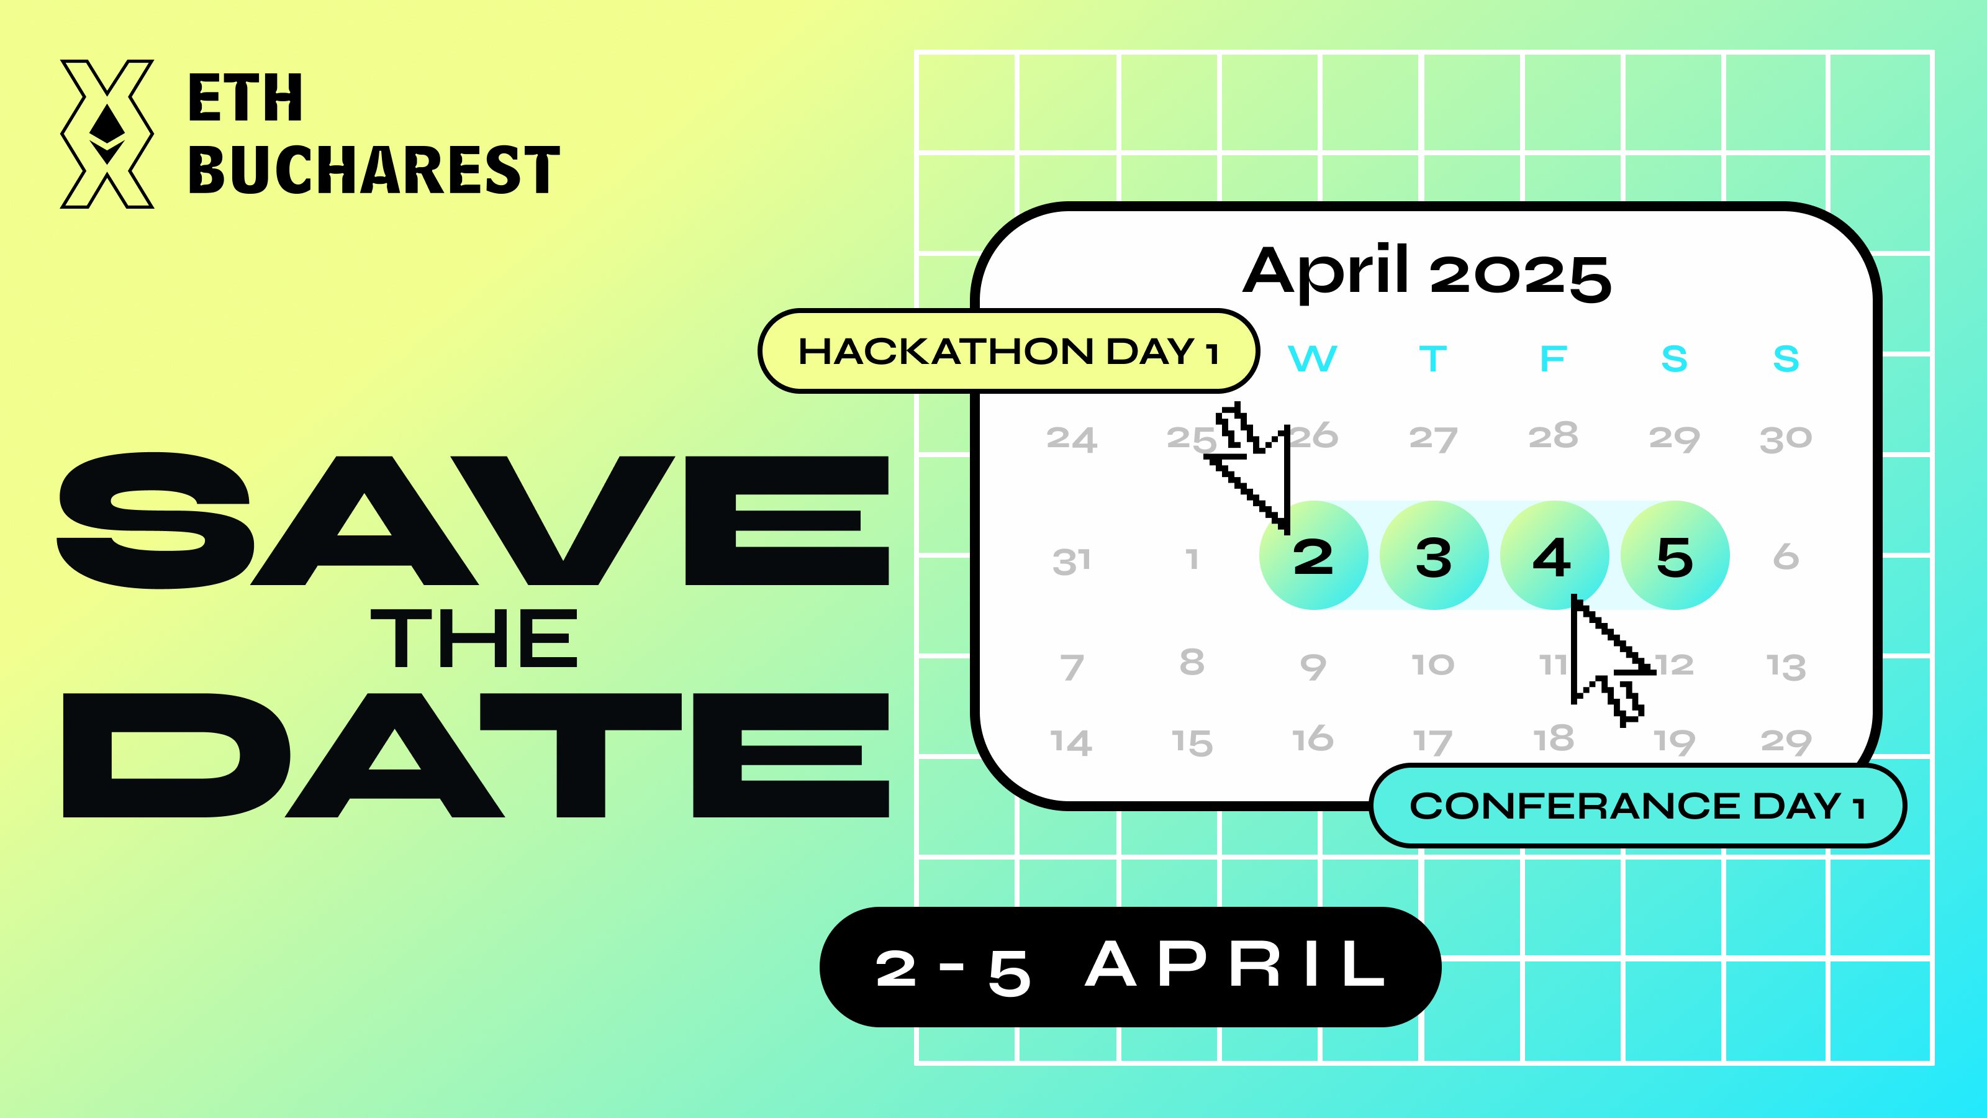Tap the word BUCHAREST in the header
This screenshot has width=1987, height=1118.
[373, 170]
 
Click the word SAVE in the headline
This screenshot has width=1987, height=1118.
[472, 521]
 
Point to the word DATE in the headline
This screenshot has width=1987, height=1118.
[475, 755]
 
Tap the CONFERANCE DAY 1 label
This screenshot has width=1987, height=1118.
[1637, 806]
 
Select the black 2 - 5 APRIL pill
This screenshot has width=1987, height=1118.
[1130, 967]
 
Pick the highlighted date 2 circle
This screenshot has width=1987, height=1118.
[1314, 555]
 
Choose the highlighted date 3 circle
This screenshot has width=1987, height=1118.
[1434, 555]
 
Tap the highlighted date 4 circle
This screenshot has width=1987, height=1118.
[1554, 555]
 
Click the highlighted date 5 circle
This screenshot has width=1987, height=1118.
[1675, 555]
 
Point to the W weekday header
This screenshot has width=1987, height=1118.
[1312, 359]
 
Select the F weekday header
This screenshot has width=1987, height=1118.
[1554, 359]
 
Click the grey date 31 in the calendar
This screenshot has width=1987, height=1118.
[1071, 561]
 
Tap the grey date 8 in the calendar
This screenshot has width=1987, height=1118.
[1192, 662]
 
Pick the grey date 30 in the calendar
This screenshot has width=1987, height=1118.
[1786, 439]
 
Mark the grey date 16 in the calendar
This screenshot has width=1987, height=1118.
[1312, 739]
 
